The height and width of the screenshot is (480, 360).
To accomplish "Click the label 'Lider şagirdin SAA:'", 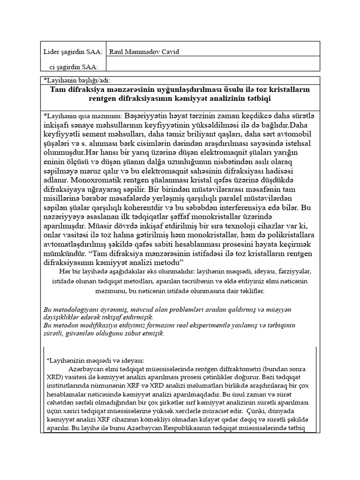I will click(73, 52).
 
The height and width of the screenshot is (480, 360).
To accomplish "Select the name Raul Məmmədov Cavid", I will click(144, 52).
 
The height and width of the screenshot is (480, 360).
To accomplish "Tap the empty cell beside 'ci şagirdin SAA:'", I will click(213, 67).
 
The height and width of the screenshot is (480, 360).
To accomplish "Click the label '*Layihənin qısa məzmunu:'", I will click(82, 115).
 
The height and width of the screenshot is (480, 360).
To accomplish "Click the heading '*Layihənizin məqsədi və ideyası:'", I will click(96, 360).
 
